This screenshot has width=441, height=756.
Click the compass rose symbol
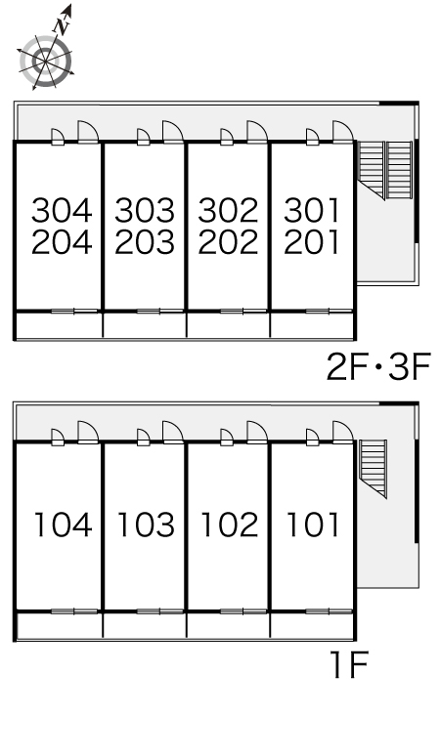[x=46, y=61]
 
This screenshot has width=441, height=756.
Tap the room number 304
[x=62, y=210]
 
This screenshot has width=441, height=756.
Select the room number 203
[x=145, y=241]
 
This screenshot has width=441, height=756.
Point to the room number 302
[x=228, y=210]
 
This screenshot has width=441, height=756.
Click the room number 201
[x=312, y=241]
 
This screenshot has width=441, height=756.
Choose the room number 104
[x=64, y=525]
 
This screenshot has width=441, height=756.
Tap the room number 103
[x=147, y=525]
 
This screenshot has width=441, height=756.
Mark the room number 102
[x=230, y=525]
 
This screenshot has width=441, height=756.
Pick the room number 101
[x=313, y=525]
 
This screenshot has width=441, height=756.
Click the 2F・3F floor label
[x=378, y=367]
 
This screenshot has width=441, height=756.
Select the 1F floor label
[x=350, y=665]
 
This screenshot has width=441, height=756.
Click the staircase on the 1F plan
[x=374, y=468]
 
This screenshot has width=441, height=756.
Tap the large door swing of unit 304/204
[x=88, y=132]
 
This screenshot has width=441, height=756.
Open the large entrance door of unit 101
[x=343, y=432]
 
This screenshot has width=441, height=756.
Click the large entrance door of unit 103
[x=173, y=432]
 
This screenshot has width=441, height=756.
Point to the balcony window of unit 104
[x=74, y=611]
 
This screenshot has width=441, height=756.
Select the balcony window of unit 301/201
[x=329, y=311]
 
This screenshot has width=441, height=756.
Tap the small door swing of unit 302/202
[x=226, y=137]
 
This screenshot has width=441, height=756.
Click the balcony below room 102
[x=228, y=626]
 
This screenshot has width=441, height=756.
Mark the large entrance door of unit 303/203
[x=173, y=132]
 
